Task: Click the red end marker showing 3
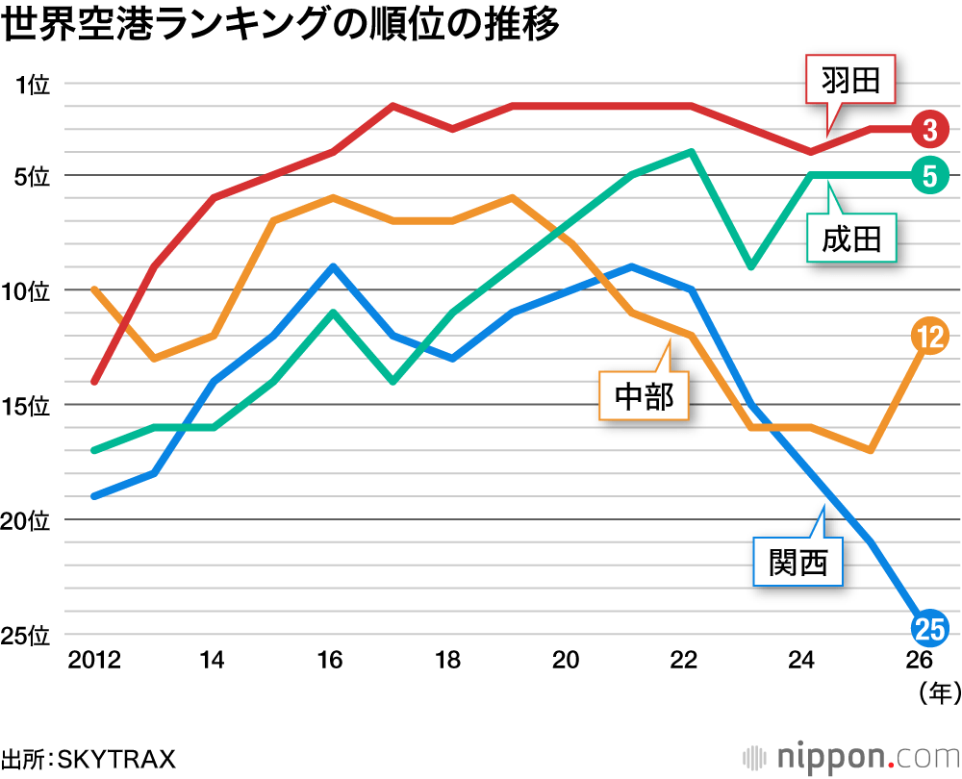pyautogui.click(x=929, y=129)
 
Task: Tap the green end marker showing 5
pyautogui.click(x=929, y=175)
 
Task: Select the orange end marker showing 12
pyautogui.click(x=929, y=336)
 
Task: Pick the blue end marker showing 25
pyautogui.click(x=929, y=630)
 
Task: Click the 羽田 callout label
pyautogui.click(x=850, y=82)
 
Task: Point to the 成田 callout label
pyautogui.click(x=850, y=238)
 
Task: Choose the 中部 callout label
pyautogui.click(x=644, y=395)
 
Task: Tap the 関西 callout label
pyautogui.click(x=797, y=562)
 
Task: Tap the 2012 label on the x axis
pyautogui.click(x=93, y=661)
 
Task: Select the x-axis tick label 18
pyautogui.click(x=448, y=661)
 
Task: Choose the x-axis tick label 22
pyautogui.click(x=684, y=661)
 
